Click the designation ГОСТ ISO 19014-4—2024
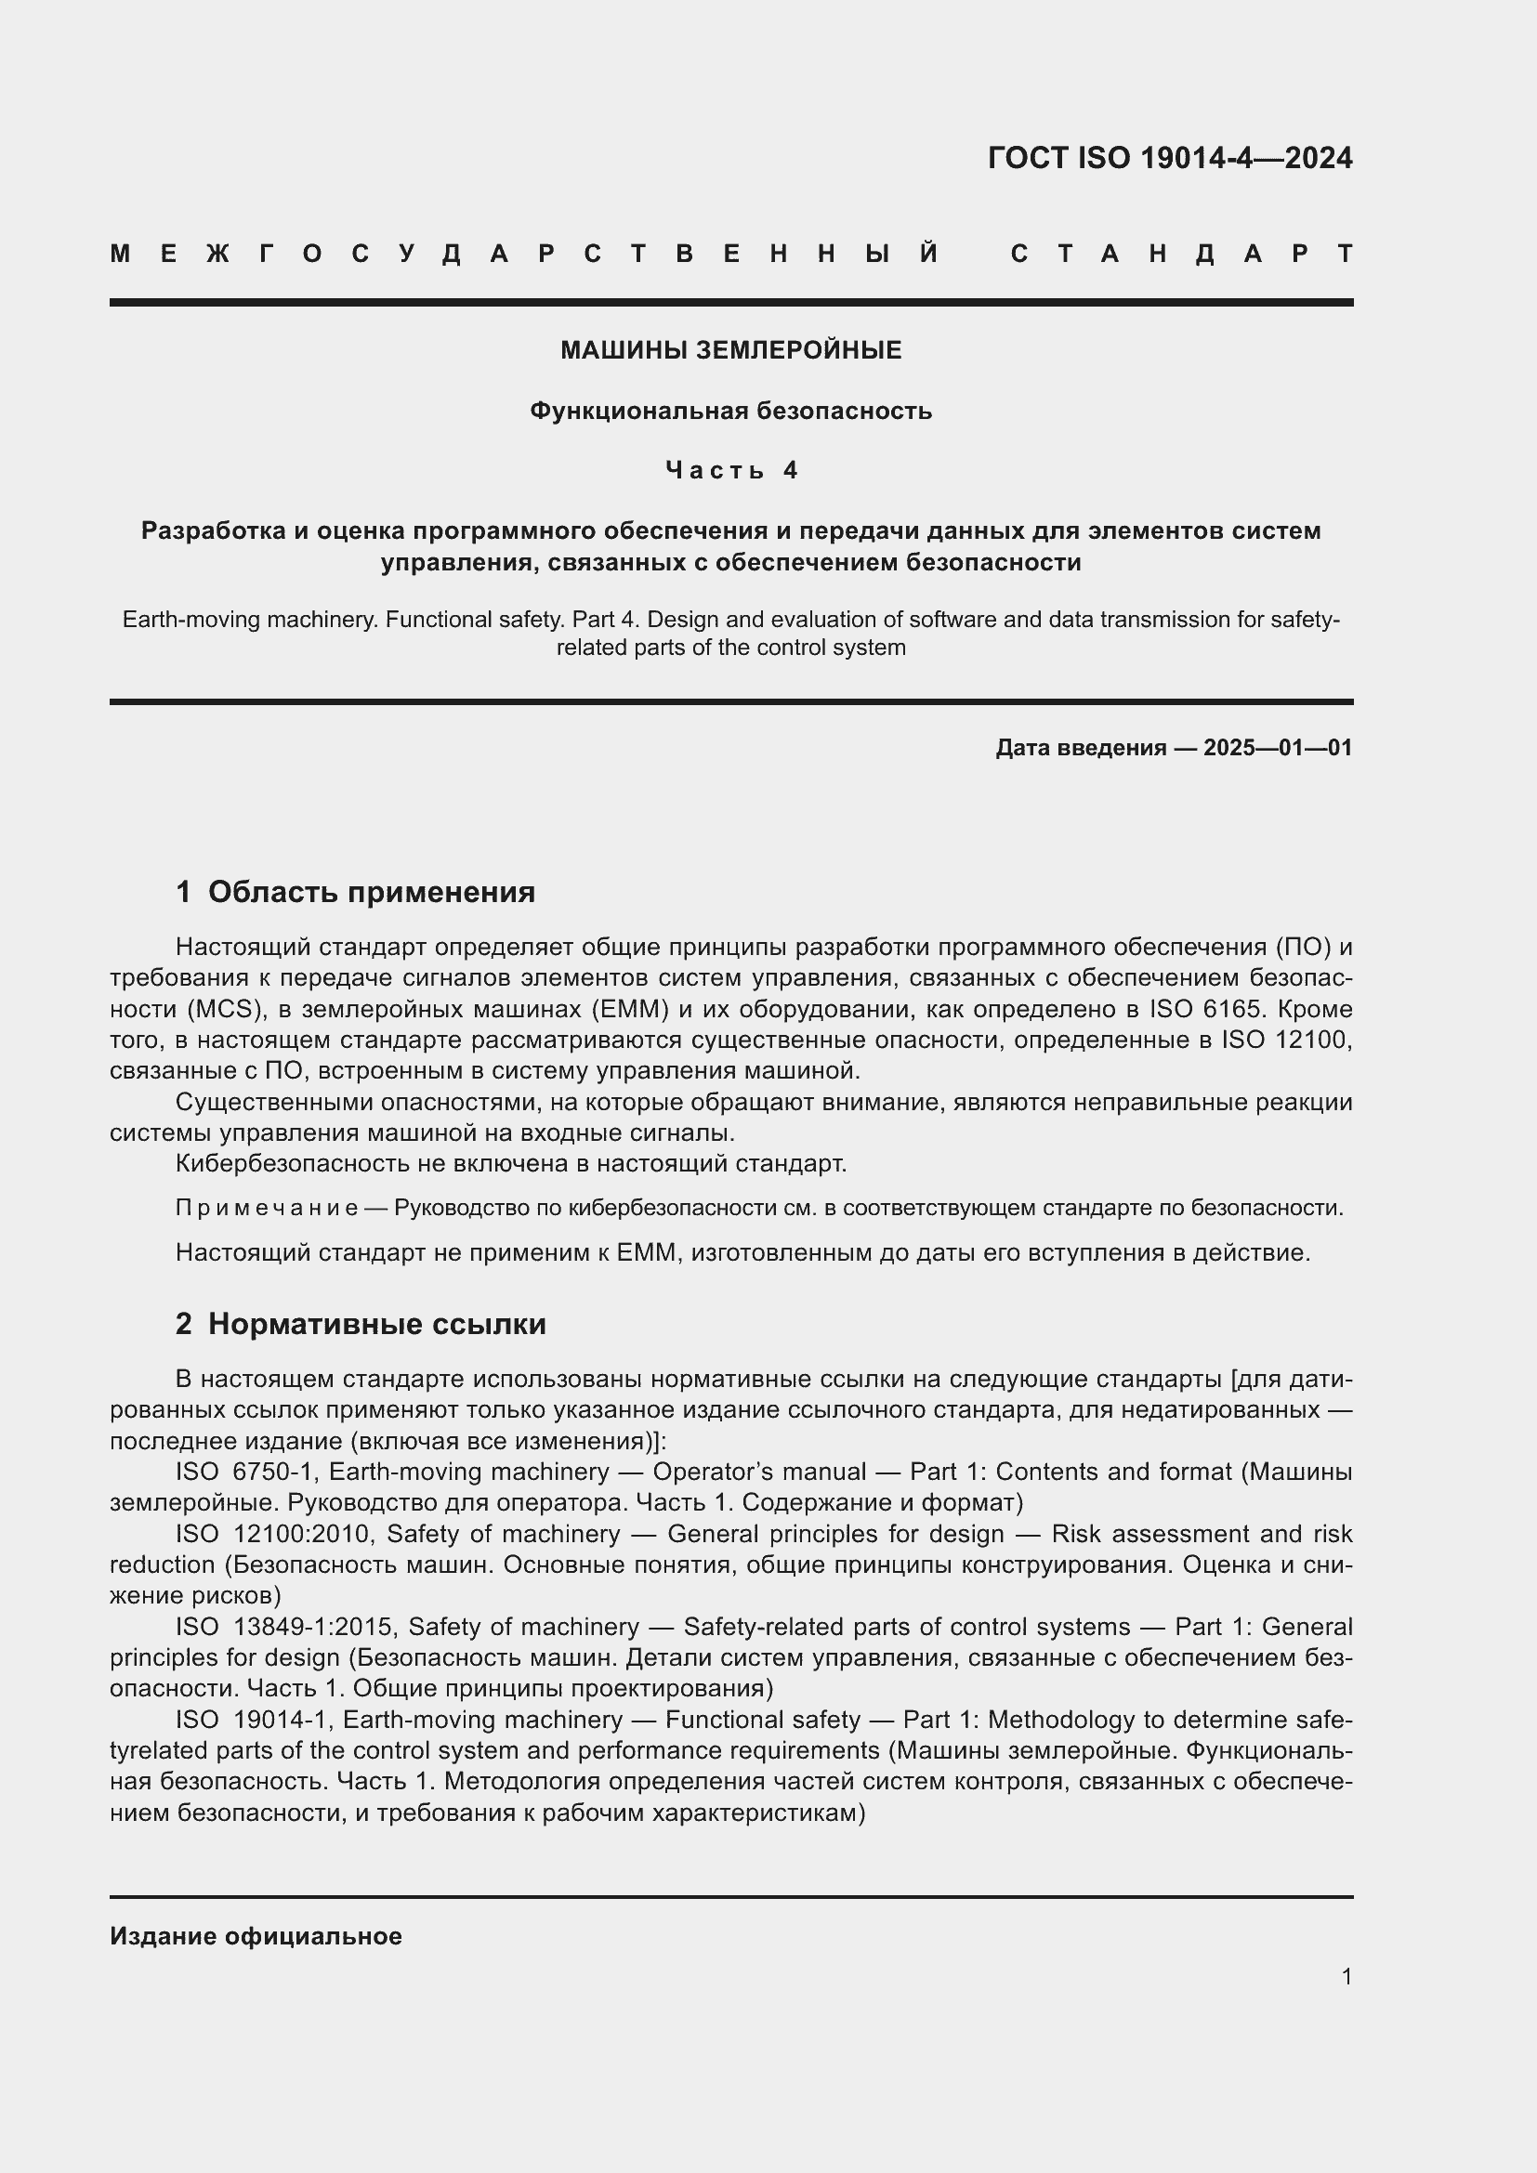pyautogui.click(x=1170, y=158)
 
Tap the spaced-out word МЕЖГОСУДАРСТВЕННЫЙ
pyautogui.click(x=524, y=255)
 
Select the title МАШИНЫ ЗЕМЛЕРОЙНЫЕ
pyautogui.click(x=730, y=351)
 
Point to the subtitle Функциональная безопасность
pyautogui.click(x=730, y=411)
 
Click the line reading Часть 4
pyautogui.click(x=731, y=470)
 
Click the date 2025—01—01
pyautogui.click(x=1278, y=748)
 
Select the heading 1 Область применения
pyautogui.click(x=355, y=892)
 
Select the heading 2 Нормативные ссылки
pyautogui.click(x=361, y=1324)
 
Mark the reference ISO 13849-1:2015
pyautogui.click(x=277, y=1627)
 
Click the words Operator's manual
pyautogui.click(x=759, y=1472)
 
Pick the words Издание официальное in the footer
pyautogui.click(x=256, y=1936)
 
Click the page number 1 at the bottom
pyautogui.click(x=1347, y=1976)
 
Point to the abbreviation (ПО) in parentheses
pyautogui.click(x=1303, y=948)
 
